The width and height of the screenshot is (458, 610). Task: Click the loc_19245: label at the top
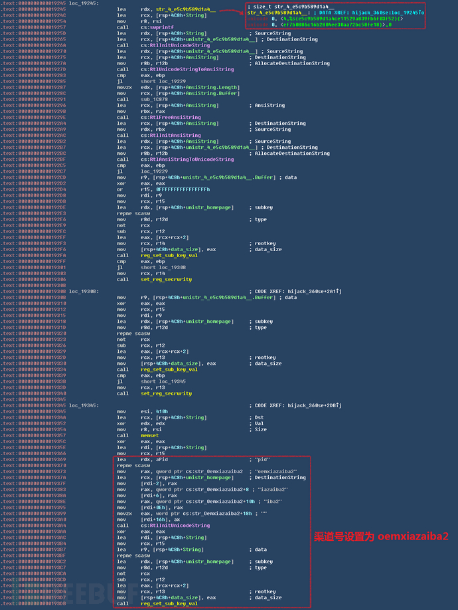[84, 3]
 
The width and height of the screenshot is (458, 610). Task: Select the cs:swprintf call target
[153, 27]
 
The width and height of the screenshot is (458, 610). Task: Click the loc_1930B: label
[84, 291]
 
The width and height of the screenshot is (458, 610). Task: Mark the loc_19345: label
[84, 405]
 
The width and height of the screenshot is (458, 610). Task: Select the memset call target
[149, 436]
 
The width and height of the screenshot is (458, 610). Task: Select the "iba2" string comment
[266, 501]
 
